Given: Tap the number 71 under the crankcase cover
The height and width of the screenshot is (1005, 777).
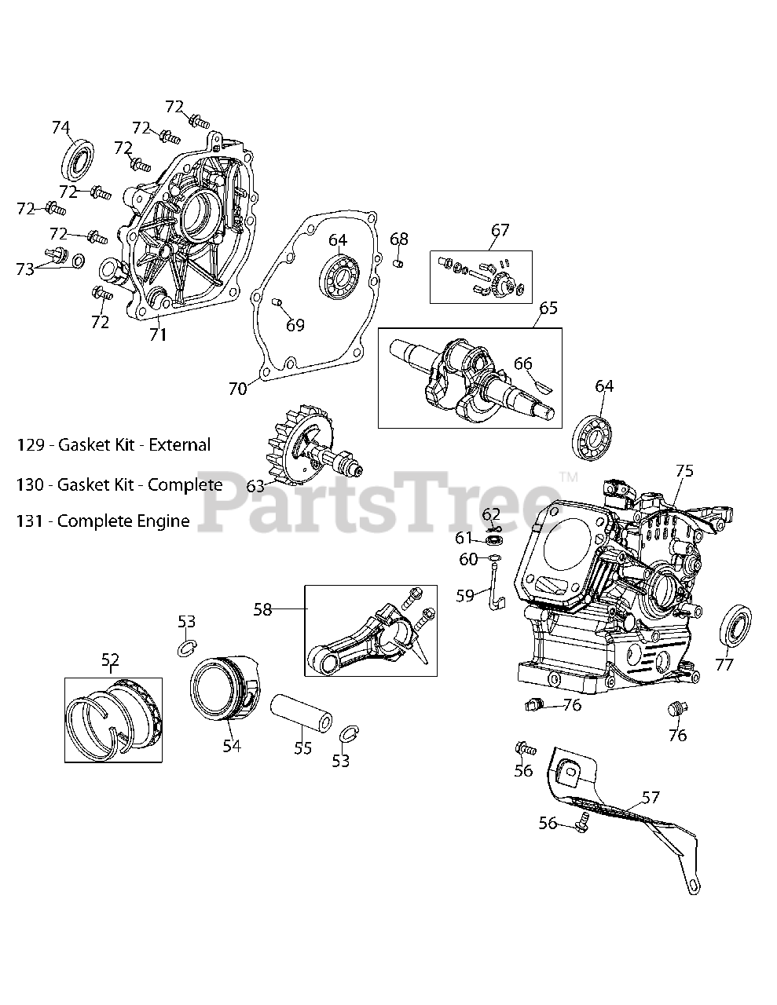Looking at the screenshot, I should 158,334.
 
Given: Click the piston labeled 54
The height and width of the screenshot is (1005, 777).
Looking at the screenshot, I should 224,688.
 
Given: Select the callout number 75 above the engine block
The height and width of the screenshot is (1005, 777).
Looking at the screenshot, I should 684,471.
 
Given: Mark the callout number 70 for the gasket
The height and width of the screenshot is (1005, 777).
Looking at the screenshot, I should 237,388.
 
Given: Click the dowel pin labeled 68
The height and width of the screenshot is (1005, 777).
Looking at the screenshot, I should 398,262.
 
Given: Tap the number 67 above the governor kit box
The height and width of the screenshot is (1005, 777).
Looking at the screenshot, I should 500,230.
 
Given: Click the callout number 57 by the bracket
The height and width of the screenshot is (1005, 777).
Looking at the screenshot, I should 651,798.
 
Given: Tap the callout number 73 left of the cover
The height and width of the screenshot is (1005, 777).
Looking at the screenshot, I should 26,269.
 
